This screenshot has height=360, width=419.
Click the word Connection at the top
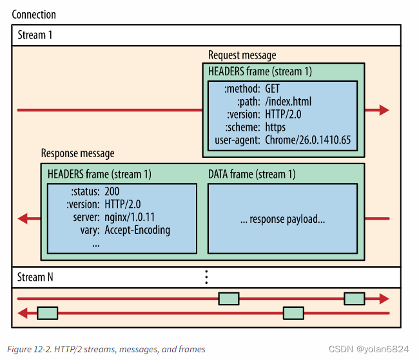(34, 14)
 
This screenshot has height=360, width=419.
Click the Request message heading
(242, 55)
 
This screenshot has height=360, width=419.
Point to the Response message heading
(77, 153)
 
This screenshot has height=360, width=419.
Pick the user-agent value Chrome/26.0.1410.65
(310, 140)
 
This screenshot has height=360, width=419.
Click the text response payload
(282, 219)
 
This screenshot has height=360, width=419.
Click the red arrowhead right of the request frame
(384, 110)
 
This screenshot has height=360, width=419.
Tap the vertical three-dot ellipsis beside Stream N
(206, 277)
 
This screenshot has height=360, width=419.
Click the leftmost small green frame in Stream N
(48, 313)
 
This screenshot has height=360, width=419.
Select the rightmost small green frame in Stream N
(355, 298)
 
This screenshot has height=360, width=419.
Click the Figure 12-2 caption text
(106, 349)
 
